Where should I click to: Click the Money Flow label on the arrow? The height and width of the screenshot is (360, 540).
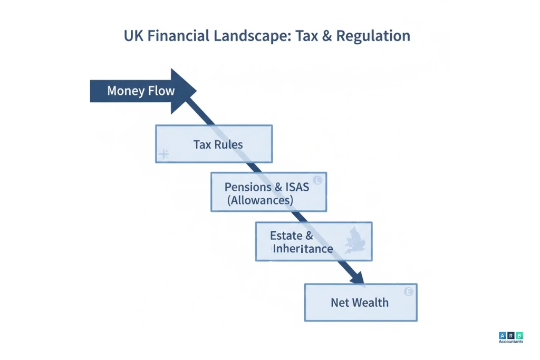click(141, 91)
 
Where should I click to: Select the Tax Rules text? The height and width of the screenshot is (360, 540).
click(218, 144)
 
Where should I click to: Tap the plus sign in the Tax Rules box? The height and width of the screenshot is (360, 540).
click(163, 154)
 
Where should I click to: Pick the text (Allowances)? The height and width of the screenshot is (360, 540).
click(260, 201)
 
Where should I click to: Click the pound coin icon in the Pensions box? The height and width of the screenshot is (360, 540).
click(317, 180)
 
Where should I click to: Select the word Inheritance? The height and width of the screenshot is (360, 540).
click(303, 249)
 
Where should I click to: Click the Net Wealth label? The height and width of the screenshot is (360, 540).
click(360, 303)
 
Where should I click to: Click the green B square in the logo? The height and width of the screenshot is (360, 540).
click(519, 335)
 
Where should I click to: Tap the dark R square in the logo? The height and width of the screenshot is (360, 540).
click(510, 335)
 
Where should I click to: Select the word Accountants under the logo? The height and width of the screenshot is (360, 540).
click(510, 342)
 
